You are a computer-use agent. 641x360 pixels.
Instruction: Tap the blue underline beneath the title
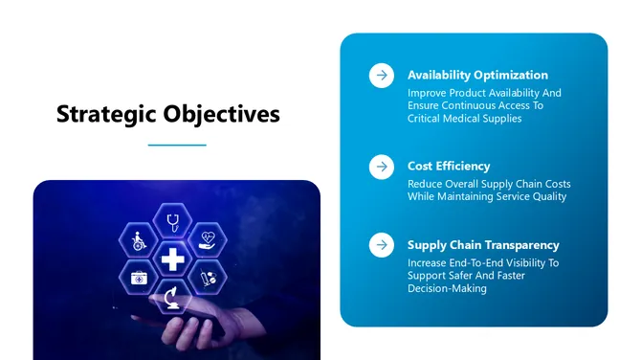[177, 146]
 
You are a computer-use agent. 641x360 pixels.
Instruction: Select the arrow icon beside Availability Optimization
[382, 76]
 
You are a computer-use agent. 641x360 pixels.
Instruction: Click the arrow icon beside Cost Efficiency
[382, 167]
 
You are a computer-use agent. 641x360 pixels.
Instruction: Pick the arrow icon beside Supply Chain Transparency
[382, 244]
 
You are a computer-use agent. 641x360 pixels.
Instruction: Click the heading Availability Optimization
[477, 75]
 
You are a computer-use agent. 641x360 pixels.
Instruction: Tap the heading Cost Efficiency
[449, 166]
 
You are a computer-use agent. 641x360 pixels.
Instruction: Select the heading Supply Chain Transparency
[483, 244]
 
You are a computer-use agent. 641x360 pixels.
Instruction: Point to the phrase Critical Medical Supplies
[464, 119]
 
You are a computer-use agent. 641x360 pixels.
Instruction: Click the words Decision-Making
[447, 288]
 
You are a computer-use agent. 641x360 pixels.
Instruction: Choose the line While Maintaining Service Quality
[487, 196]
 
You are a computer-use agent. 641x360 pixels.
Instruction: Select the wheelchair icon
[138, 240]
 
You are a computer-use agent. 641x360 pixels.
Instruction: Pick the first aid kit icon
[139, 278]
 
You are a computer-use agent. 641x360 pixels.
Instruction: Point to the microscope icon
[173, 296]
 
